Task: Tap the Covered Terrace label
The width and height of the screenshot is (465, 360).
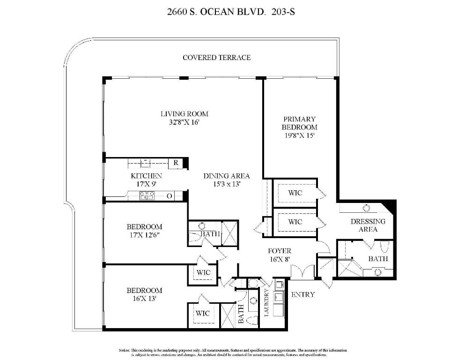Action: pyautogui.click(x=216, y=58)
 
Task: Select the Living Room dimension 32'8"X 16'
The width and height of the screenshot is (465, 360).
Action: pyautogui.click(x=184, y=123)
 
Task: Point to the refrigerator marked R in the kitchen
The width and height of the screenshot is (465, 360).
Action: pyautogui.click(x=176, y=163)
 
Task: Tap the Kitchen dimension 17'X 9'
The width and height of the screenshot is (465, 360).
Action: pyautogui.click(x=146, y=184)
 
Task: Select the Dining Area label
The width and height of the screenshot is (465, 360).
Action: pyautogui.click(x=226, y=176)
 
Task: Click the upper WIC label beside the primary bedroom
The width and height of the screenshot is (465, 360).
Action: pyautogui.click(x=295, y=193)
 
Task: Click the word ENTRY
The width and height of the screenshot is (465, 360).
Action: pyautogui.click(x=303, y=294)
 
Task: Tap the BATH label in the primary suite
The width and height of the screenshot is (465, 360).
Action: pyautogui.click(x=377, y=258)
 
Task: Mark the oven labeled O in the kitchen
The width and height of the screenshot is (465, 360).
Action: pyautogui.click(x=169, y=196)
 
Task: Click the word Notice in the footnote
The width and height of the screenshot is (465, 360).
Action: pyautogui.click(x=124, y=350)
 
